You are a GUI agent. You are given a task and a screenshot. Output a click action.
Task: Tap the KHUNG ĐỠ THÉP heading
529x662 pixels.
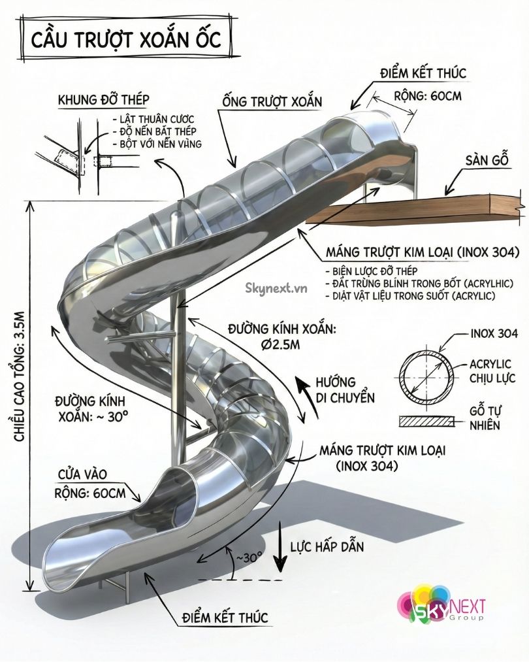click(x=103, y=100)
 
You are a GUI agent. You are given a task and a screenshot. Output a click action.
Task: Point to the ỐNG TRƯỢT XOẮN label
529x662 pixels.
click(x=272, y=102)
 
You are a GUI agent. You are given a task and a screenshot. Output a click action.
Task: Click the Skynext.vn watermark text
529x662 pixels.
click(x=276, y=286)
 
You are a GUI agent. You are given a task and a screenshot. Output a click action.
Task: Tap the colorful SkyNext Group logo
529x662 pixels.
click(x=441, y=604)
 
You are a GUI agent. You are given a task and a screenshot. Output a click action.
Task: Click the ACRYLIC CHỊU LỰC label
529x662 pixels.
click(x=490, y=371)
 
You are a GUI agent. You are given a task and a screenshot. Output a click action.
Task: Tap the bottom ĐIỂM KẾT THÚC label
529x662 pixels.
click(x=225, y=618)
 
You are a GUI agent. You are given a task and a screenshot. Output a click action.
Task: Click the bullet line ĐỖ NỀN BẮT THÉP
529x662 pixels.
click(x=155, y=131)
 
